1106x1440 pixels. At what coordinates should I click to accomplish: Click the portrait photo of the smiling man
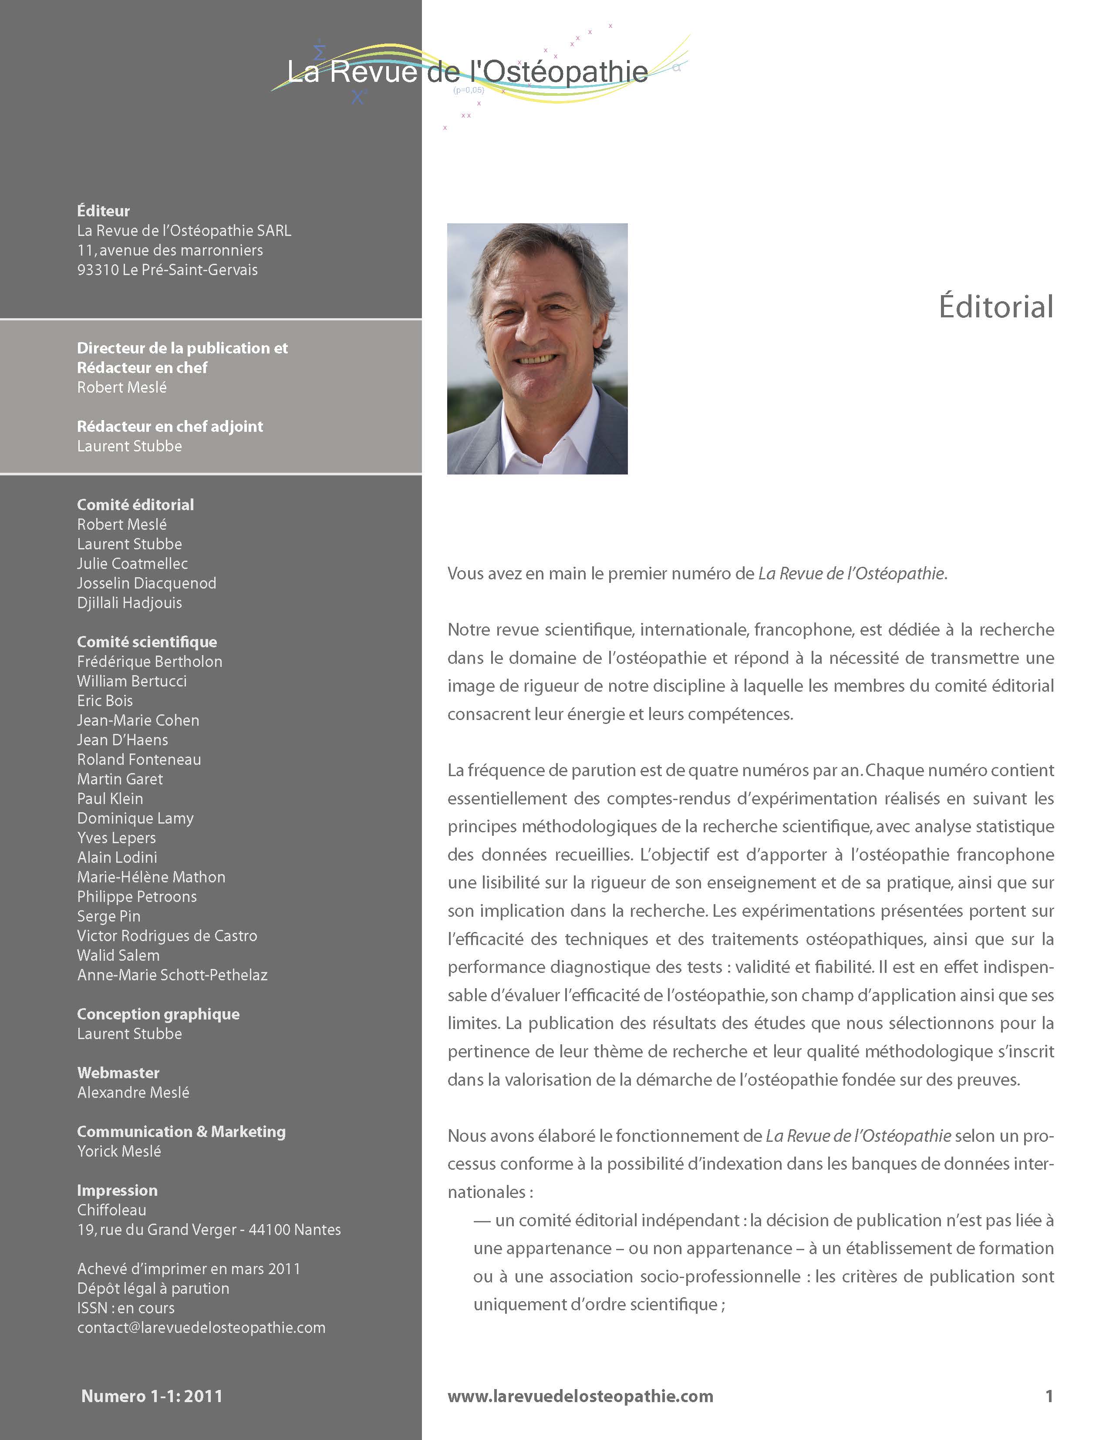click(x=537, y=348)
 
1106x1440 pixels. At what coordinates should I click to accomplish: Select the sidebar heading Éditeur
click(x=103, y=211)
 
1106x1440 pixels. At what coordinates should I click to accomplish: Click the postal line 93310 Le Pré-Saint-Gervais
click(x=167, y=270)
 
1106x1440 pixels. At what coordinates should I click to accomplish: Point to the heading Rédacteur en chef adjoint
click(x=170, y=427)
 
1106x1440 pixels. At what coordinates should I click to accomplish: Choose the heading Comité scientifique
click(x=147, y=642)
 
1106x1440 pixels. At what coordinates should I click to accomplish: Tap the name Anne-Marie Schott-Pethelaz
click(x=172, y=975)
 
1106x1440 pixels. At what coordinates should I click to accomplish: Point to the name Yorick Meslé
click(x=119, y=1151)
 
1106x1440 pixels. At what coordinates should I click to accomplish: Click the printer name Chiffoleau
click(x=112, y=1210)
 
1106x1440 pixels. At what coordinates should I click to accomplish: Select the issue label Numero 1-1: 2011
click(x=152, y=1396)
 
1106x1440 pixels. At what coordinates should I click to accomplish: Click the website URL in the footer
click(x=580, y=1396)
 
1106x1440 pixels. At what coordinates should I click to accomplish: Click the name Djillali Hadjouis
click(x=130, y=603)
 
